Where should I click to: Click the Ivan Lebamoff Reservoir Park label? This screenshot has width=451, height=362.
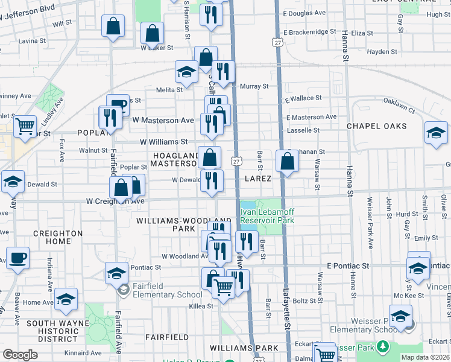click(x=266, y=216)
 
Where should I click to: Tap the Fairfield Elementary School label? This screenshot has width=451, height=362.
click(x=165, y=294)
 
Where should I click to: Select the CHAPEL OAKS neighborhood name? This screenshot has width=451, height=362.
click(x=376, y=126)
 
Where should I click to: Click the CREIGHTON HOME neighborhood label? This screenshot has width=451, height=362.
click(x=58, y=237)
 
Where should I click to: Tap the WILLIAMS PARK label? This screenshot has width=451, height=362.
click(x=244, y=348)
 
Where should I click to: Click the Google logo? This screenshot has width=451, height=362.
click(x=20, y=355)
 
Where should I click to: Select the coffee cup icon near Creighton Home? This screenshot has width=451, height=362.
click(x=17, y=258)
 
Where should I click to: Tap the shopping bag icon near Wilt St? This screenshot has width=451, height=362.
click(x=113, y=27)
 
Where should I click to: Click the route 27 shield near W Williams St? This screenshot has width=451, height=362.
click(x=236, y=161)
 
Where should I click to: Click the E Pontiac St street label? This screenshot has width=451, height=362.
click(x=347, y=265)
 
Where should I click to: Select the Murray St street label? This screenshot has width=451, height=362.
click(x=254, y=86)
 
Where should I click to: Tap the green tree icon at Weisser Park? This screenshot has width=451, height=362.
click(x=382, y=347)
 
